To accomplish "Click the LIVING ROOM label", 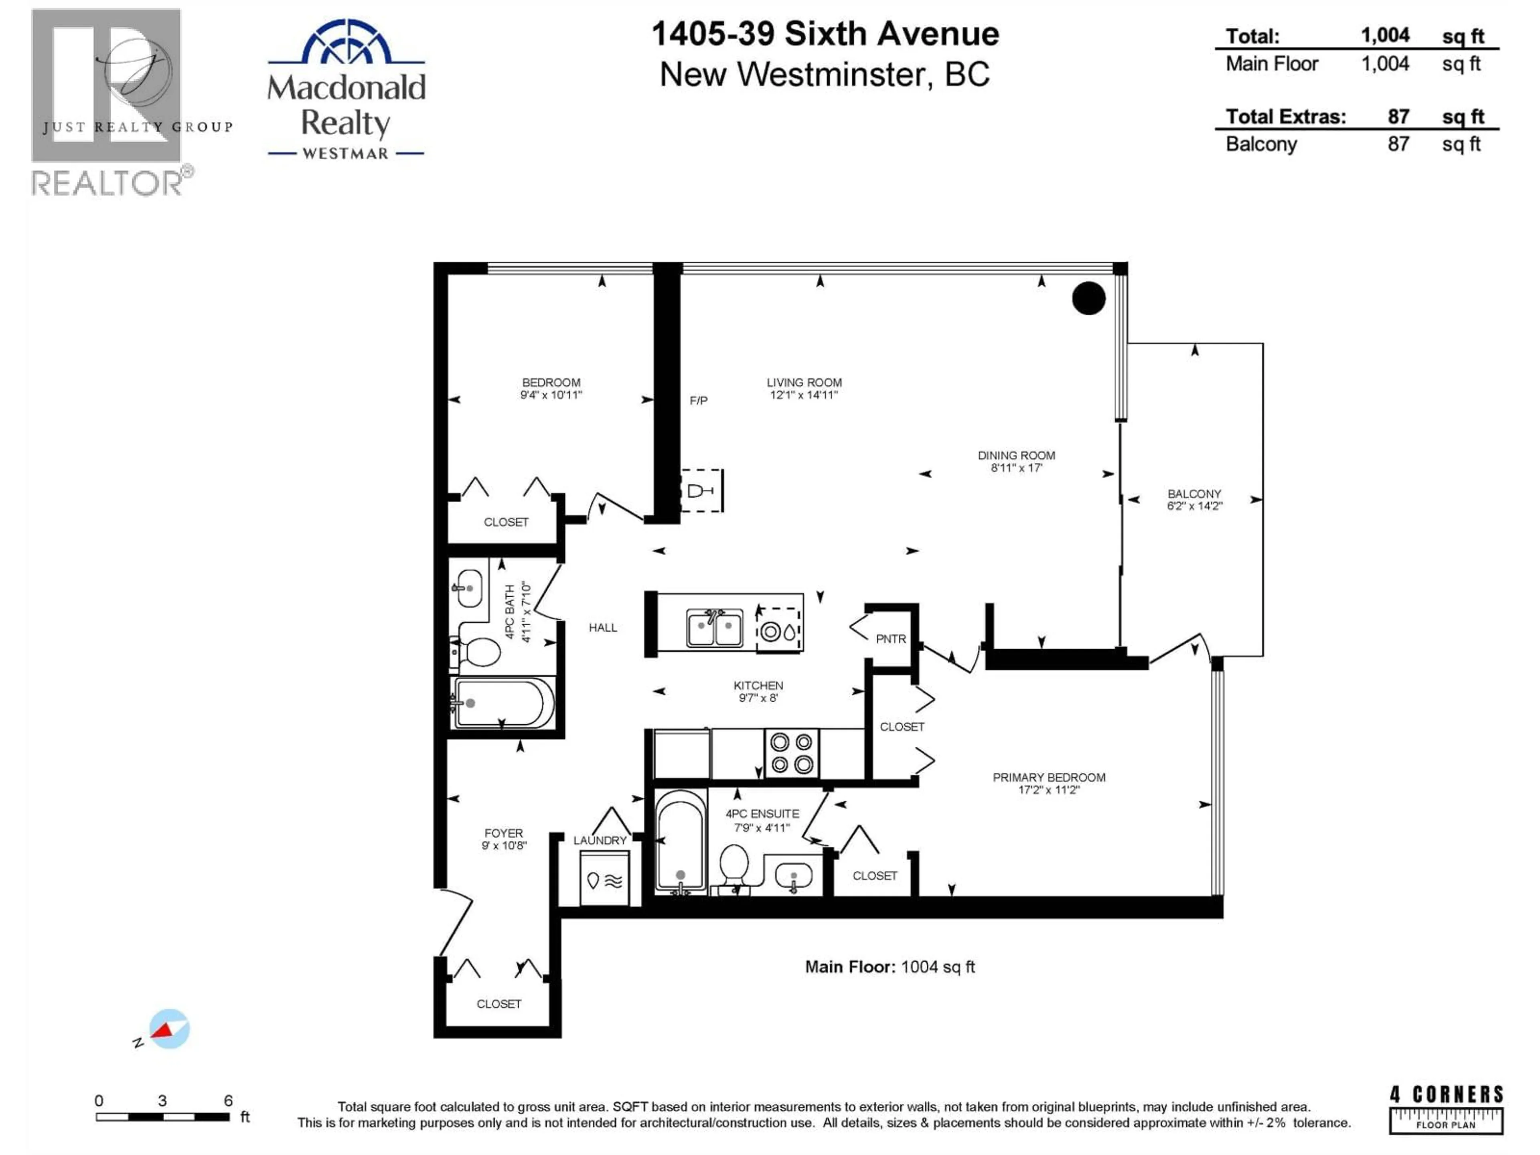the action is point(804,383).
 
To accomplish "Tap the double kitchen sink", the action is point(714,628).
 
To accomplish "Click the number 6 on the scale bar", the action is point(228,1101).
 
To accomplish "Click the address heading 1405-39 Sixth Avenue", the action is point(825,33).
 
